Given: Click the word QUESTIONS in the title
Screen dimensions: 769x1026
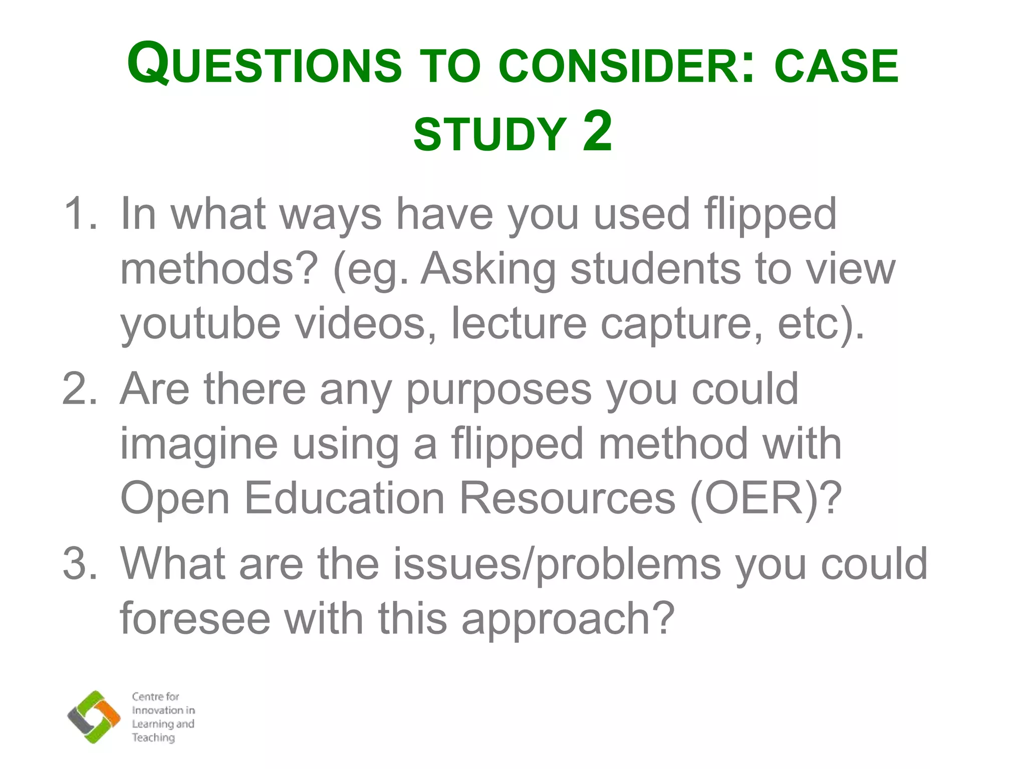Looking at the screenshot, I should tap(265, 64).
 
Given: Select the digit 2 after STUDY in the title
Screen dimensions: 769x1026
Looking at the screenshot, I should tap(597, 131).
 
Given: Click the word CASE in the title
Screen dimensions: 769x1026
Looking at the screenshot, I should tap(836, 66).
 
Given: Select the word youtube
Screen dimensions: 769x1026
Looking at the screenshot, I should tap(200, 324).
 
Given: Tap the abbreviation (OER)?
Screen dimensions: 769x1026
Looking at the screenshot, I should tap(765, 499).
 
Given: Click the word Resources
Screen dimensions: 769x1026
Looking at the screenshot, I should tap(568, 499).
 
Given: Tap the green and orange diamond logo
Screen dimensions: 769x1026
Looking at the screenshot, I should tap(94, 716).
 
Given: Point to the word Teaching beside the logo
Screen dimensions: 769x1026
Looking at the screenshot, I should tap(153, 737).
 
